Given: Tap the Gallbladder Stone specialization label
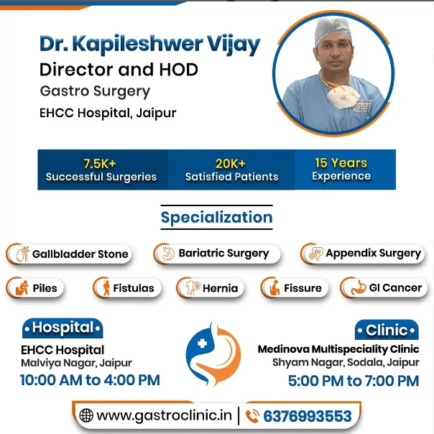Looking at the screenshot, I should [x=80, y=254].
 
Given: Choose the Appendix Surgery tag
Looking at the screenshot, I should [x=372, y=253].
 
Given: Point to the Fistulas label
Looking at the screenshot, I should [x=133, y=288].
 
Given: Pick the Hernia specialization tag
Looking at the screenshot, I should [x=220, y=288].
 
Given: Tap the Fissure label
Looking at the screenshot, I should [x=302, y=288].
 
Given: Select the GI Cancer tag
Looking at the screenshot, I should [x=394, y=288].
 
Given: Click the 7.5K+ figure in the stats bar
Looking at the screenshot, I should [x=101, y=163].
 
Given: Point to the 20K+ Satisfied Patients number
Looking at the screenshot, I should [x=231, y=163].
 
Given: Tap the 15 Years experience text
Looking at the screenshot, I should [x=341, y=162].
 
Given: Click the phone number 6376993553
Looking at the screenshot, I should [x=308, y=416].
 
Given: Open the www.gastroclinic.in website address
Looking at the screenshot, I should [x=165, y=416].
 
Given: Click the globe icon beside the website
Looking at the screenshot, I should [x=86, y=416].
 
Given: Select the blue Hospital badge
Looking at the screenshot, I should [x=63, y=328].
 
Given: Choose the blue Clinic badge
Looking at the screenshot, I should [x=387, y=331].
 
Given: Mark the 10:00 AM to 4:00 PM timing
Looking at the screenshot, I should [x=90, y=380].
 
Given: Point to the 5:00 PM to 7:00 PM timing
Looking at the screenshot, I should [x=353, y=380].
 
